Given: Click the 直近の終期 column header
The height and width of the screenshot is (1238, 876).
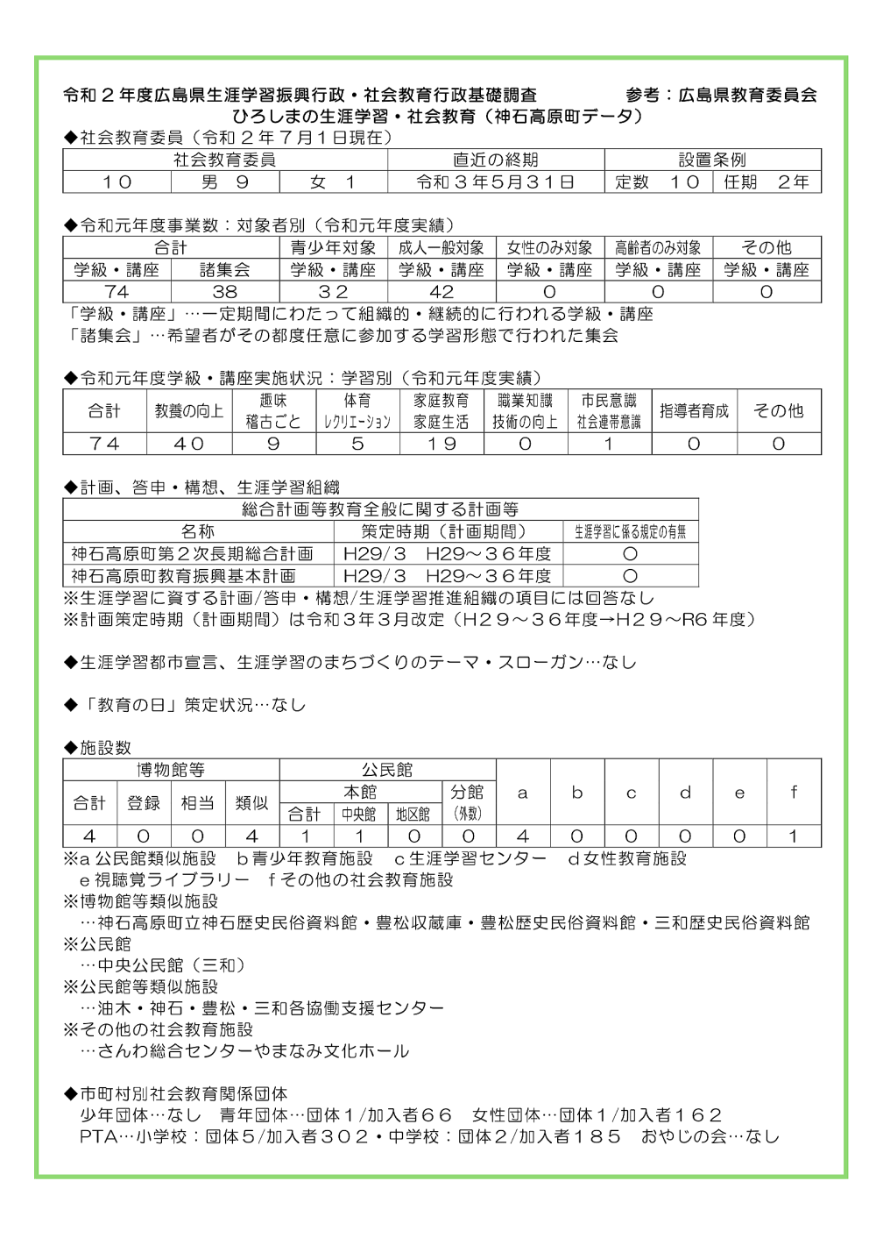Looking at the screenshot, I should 495,160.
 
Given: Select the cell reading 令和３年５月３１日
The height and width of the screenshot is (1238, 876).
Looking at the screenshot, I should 495,181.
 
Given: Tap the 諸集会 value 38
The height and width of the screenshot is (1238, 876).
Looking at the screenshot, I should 225,292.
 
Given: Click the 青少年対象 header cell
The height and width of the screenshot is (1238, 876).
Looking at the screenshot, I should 333,248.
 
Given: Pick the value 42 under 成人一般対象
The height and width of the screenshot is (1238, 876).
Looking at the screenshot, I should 442,292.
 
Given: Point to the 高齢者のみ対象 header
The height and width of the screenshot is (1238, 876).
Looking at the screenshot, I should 658,248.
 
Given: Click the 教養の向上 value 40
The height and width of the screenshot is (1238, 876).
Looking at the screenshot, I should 189,444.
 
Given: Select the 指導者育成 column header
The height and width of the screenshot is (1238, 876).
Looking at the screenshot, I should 694,410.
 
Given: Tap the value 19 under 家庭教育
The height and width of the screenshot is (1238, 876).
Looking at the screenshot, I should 442,444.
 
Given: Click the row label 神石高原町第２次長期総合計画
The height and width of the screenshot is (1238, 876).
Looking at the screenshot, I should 193,554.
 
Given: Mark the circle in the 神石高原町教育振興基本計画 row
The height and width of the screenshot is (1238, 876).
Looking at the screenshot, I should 630,576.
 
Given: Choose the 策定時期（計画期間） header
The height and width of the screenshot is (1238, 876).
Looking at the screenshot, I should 448,531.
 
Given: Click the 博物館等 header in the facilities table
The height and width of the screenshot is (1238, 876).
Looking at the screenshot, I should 171,770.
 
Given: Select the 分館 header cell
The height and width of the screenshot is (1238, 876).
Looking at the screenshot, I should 468,792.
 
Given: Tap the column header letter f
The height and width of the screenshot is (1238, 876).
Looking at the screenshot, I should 794,792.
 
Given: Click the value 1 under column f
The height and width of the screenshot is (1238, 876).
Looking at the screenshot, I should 794,836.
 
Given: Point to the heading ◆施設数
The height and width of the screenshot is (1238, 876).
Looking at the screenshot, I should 97,748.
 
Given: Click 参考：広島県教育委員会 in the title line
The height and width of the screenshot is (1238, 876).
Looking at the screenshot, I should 721,95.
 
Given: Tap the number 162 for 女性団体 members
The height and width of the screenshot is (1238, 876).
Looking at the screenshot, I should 697,1115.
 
